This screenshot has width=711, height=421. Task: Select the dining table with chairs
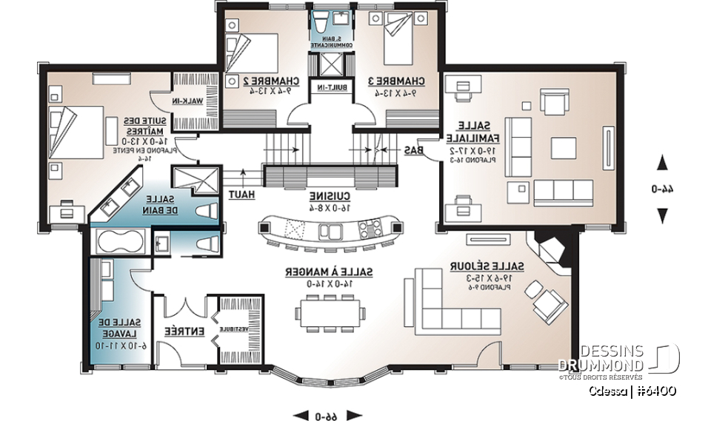(x=330, y=313)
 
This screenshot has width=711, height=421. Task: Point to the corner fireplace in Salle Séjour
(x=550, y=248)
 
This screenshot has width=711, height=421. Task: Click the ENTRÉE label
(x=174, y=332)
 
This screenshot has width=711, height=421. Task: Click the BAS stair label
(x=414, y=149)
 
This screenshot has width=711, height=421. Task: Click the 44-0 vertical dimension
(x=663, y=189)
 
